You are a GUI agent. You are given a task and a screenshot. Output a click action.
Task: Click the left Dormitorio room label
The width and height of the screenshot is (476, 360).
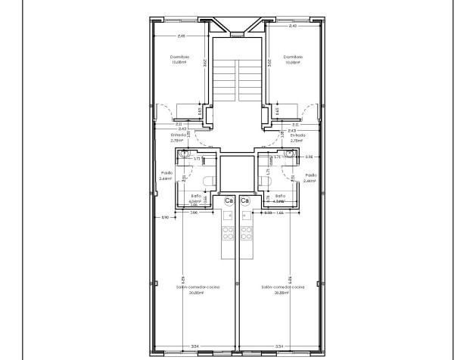tap(179, 57)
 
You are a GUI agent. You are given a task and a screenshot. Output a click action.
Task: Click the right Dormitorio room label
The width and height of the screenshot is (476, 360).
tap(294, 57)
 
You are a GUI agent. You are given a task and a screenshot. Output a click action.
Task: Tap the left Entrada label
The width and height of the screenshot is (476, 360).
tap(179, 135)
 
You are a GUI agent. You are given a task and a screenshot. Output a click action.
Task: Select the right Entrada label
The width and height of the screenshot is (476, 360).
tap(297, 135)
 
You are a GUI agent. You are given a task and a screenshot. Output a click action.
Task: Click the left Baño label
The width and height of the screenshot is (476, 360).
tap(196, 196)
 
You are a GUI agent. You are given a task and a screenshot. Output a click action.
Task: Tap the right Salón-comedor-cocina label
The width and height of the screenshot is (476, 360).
tap(282, 287)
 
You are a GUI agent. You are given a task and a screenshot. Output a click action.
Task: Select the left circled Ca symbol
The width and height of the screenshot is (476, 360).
tap(229, 200)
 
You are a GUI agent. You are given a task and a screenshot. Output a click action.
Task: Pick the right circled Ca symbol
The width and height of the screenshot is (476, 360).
tap(244, 200)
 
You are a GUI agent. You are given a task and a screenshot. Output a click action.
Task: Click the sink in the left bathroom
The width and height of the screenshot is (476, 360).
tap(185, 154)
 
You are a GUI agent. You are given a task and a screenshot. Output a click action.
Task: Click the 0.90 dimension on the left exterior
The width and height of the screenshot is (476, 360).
tap(165, 219)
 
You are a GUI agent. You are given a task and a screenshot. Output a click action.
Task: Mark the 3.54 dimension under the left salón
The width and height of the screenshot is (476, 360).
tap(194, 346)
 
